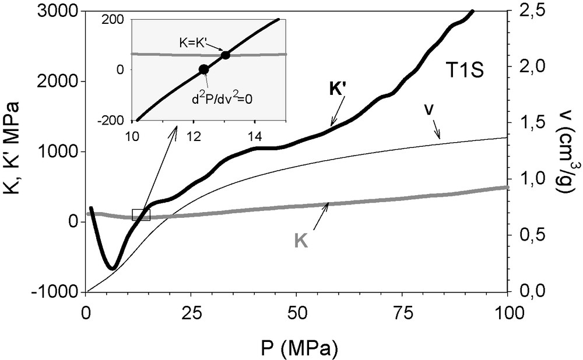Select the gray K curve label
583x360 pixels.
[x=301, y=241]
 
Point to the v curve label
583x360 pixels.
[x=429, y=110]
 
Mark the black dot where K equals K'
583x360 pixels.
[x=225, y=55]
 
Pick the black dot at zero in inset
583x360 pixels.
[x=203, y=69]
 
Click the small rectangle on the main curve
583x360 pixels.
[x=141, y=214]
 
